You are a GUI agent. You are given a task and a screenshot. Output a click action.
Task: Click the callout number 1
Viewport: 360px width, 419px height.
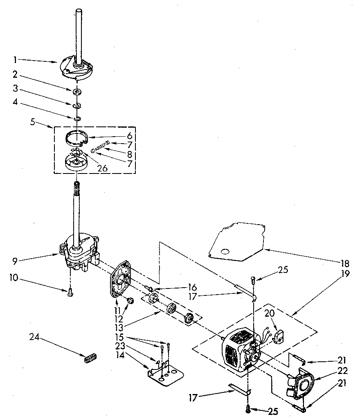15,60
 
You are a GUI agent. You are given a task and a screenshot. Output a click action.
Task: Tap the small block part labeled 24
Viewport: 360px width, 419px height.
89,357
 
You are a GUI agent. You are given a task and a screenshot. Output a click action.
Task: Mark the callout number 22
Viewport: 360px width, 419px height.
343,371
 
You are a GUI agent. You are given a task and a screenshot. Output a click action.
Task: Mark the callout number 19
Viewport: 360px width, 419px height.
345,274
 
